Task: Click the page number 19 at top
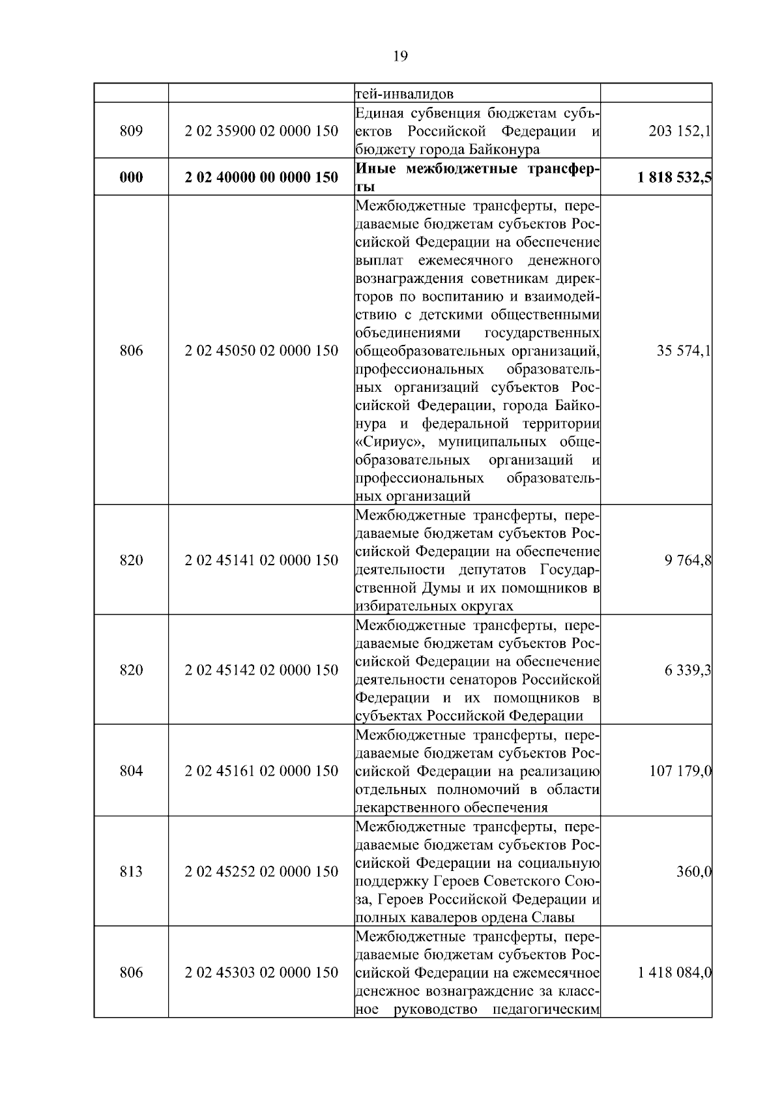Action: point(400,56)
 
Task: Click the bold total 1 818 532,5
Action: point(674,177)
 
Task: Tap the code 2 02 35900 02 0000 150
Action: point(261,131)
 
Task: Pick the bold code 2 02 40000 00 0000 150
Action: point(261,177)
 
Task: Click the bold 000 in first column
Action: point(131,177)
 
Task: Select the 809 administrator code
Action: point(131,131)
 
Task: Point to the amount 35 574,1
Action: point(684,351)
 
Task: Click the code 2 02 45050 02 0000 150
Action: point(261,351)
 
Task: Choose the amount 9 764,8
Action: point(688,560)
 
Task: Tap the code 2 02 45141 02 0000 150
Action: point(261,560)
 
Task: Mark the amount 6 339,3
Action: point(688,670)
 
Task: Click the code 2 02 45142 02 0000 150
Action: point(261,670)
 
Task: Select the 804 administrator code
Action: point(131,771)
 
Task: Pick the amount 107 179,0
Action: point(680,771)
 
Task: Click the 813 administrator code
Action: point(131,872)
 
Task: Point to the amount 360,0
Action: point(693,872)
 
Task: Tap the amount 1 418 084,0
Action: point(674,973)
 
